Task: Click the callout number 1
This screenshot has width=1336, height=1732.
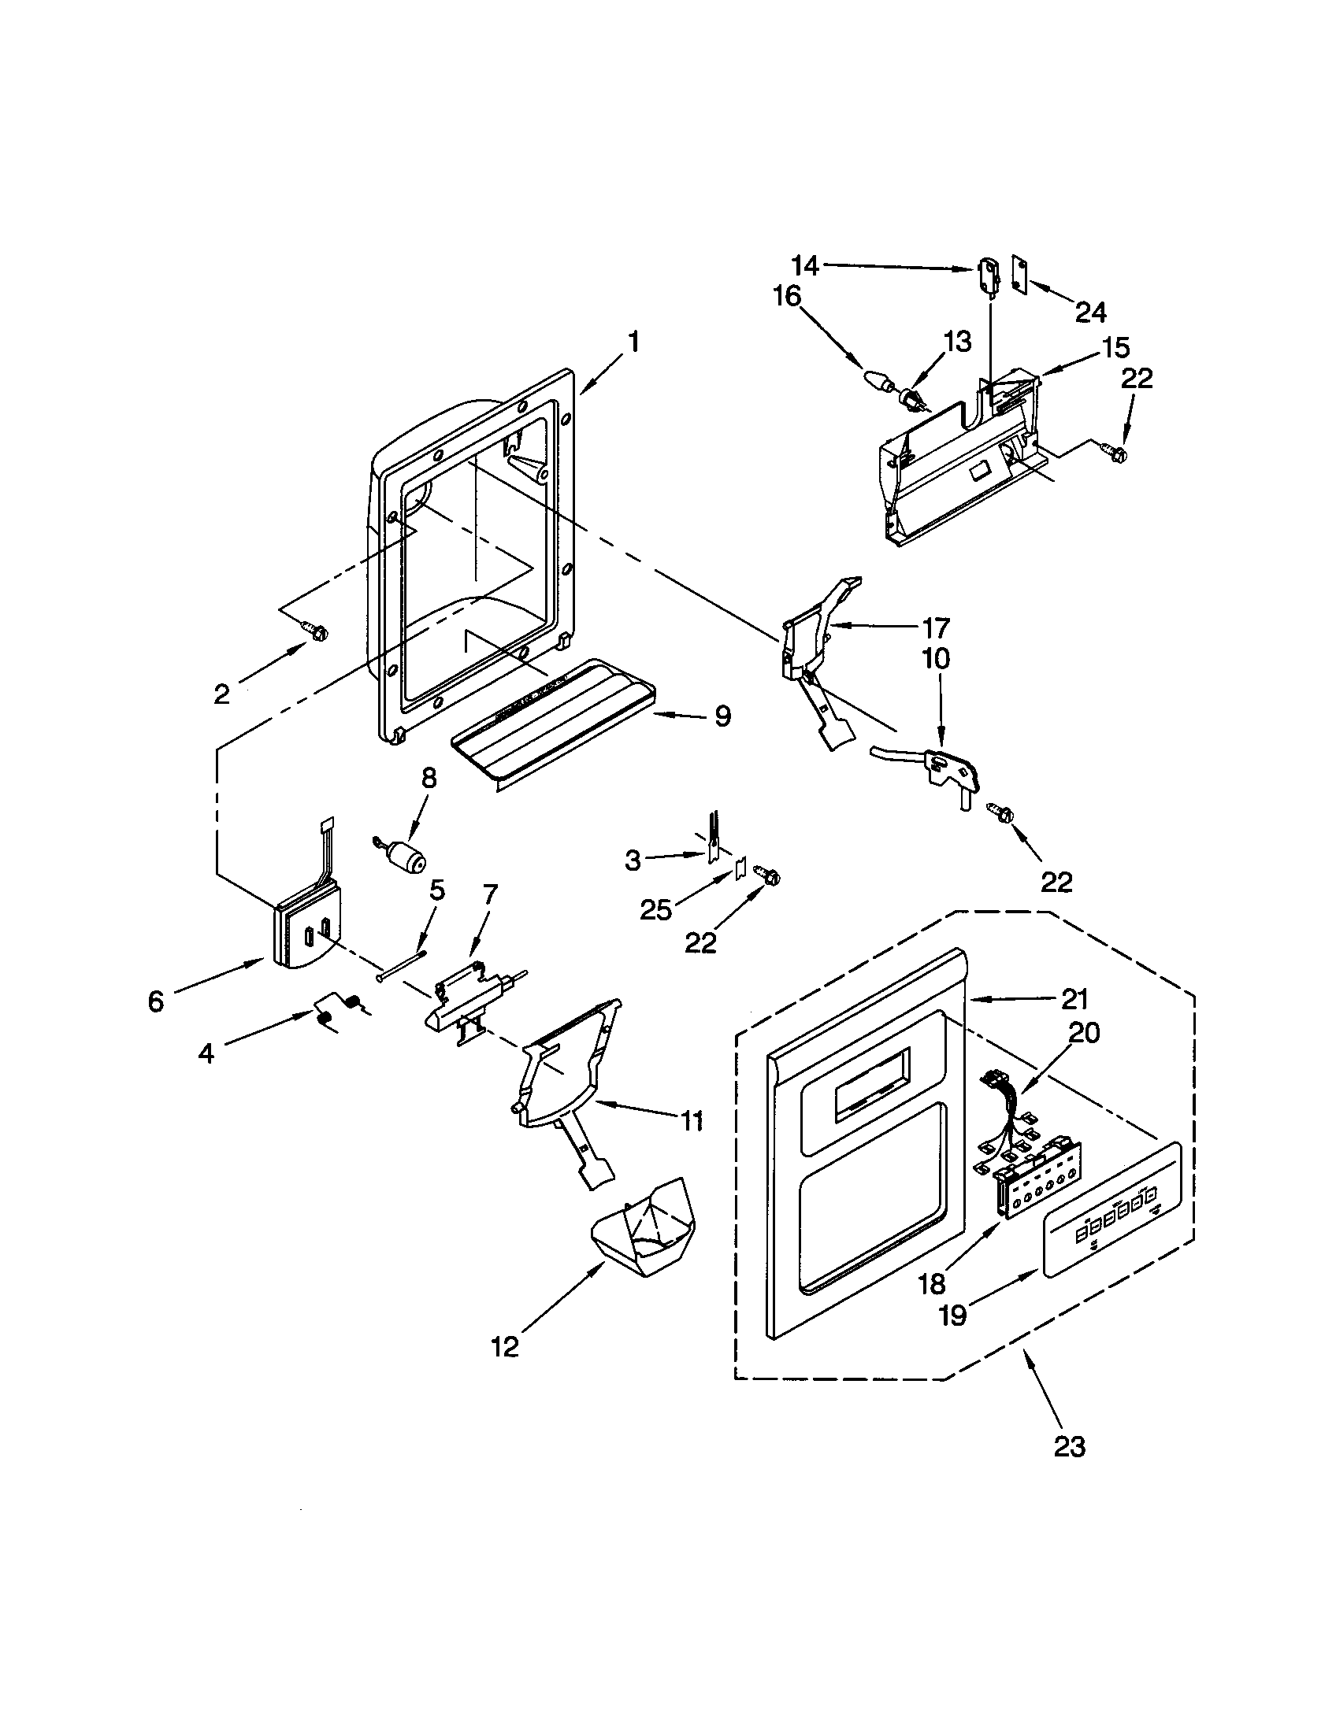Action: click(633, 342)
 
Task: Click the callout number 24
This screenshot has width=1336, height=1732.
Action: click(1091, 313)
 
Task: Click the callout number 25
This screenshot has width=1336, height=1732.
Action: click(655, 910)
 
